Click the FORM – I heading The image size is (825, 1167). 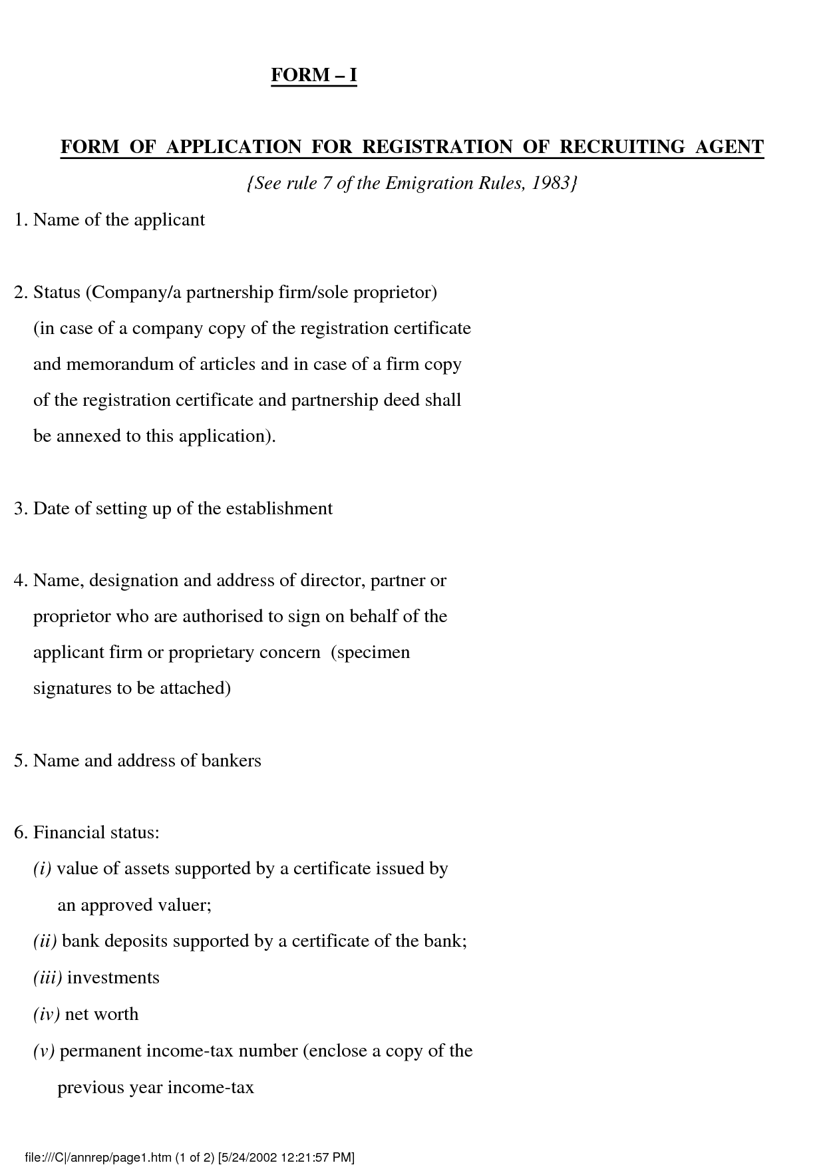(314, 75)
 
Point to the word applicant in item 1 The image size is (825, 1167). (170, 220)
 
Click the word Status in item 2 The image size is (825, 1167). (57, 292)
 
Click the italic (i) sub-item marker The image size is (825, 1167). (42, 869)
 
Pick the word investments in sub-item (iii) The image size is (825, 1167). (113, 978)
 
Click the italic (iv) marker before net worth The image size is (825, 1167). (47, 1015)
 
